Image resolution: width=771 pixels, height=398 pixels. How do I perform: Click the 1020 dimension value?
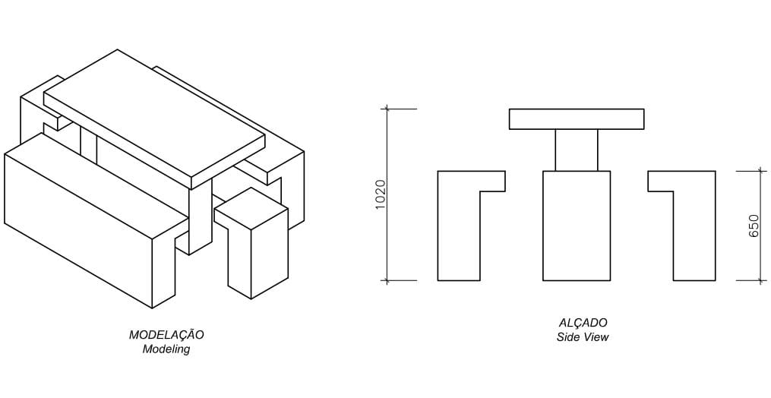tap(381, 195)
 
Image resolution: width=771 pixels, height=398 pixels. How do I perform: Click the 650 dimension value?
tap(754, 226)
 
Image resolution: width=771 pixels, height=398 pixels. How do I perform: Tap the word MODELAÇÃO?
tap(166, 335)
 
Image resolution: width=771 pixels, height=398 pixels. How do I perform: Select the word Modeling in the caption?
tap(166, 349)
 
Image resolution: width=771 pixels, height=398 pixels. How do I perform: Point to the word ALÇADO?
tap(583, 323)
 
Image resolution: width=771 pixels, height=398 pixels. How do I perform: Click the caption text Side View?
tap(583, 337)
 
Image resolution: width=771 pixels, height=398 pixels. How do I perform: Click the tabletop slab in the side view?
tap(577, 119)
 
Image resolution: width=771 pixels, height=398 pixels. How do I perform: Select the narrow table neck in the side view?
tap(577, 150)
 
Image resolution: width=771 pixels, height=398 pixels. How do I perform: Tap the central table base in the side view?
tap(577, 226)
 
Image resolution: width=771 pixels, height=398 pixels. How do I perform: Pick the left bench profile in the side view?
tap(459, 228)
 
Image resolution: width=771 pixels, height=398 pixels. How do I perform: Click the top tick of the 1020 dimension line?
tap(387, 109)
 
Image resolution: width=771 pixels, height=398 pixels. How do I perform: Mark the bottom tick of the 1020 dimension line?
tap(387, 280)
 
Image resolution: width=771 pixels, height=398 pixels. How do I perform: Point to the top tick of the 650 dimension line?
tap(761, 171)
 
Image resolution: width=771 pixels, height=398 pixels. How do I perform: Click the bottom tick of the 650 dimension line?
tap(761, 280)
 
